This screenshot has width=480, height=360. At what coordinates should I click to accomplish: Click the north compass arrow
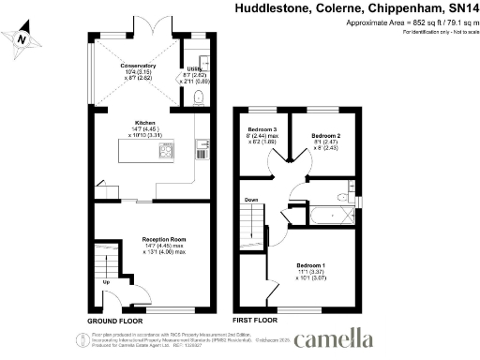click(x=20, y=39)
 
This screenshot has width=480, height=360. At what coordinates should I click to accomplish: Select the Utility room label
click(x=195, y=69)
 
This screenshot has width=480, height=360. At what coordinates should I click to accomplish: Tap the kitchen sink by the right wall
click(x=201, y=147)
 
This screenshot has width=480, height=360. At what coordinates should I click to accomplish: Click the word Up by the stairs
click(x=105, y=281)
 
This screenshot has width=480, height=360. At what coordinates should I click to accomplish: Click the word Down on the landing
click(x=251, y=200)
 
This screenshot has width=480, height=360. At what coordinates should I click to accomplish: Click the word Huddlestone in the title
click(x=271, y=8)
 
